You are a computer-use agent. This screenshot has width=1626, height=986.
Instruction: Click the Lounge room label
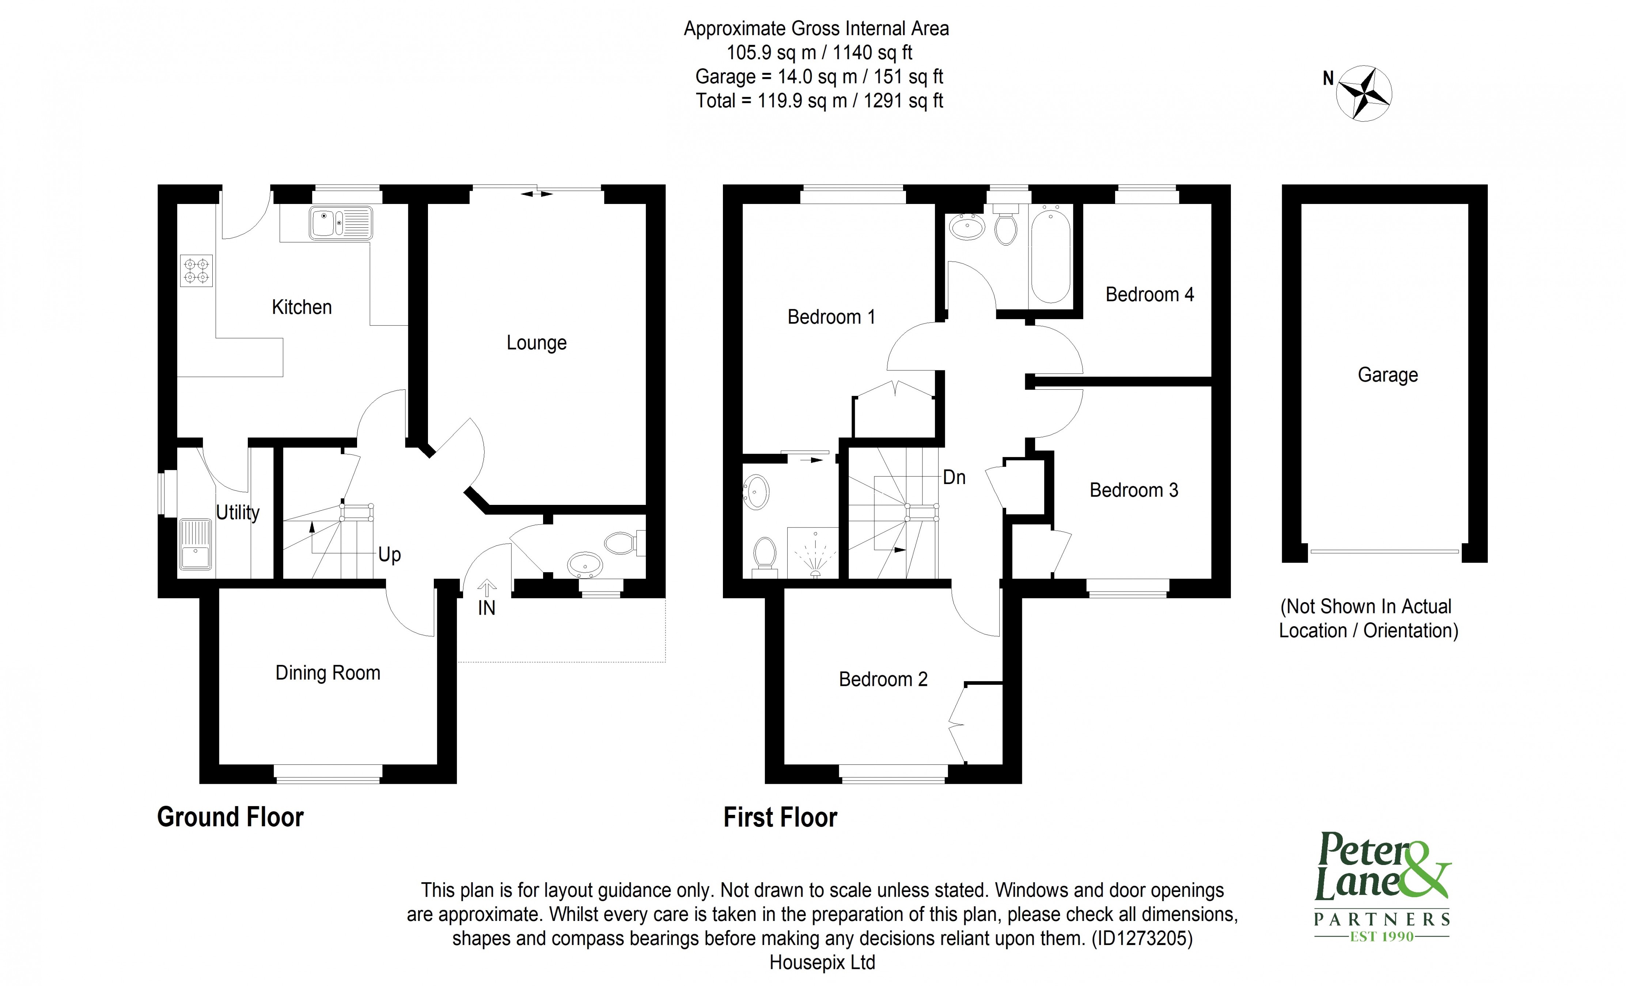pyautogui.click(x=537, y=343)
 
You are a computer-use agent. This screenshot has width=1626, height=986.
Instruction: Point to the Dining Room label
pyautogui.click(x=327, y=673)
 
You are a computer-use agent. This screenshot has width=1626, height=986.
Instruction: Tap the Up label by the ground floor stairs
pyautogui.click(x=389, y=554)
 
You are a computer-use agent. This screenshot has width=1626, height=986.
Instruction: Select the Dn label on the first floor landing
pyautogui.click(x=954, y=477)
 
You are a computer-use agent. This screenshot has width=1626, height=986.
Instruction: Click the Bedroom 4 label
pyautogui.click(x=1149, y=294)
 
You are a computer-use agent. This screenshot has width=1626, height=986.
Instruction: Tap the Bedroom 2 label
pyautogui.click(x=883, y=679)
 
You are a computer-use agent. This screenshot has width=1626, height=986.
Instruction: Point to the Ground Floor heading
pyautogui.click(x=230, y=817)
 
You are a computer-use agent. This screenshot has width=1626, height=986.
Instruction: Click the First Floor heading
pyautogui.click(x=780, y=817)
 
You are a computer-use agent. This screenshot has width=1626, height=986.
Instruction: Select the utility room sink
pyautogui.click(x=195, y=544)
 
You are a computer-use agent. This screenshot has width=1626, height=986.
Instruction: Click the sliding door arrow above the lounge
pyautogui.click(x=537, y=193)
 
